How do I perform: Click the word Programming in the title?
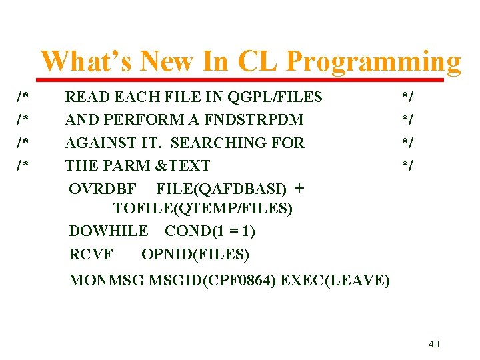coord(373,61)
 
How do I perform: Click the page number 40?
coord(433,344)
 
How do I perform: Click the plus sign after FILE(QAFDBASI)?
coord(299,188)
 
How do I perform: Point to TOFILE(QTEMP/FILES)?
coord(203,209)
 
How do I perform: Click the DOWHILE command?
coord(109,231)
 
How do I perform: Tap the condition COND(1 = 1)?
coord(210,231)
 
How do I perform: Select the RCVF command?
coord(91,254)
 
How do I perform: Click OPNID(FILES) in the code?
coord(195,254)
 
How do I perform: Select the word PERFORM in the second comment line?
coord(130,120)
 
